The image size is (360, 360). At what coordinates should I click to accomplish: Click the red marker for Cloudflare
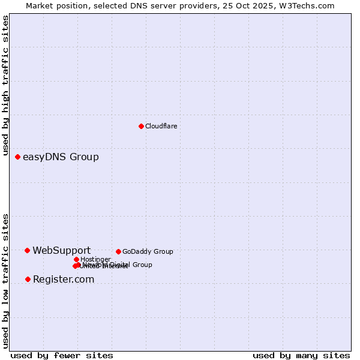point(141,126)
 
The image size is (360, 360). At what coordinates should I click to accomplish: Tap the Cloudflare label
point(161,126)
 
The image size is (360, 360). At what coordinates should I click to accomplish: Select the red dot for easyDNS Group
point(17,157)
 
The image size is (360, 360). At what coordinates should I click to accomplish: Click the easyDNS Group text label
point(61,157)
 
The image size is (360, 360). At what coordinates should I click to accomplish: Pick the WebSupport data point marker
point(27,250)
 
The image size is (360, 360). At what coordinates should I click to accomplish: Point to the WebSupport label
point(61,251)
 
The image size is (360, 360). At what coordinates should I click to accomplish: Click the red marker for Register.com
point(28,279)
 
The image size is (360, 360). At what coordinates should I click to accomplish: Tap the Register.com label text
point(63,280)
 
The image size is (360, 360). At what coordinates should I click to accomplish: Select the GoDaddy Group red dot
point(118,251)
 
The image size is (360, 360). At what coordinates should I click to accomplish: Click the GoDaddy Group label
point(147,251)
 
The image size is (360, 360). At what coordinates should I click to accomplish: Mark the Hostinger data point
point(76,259)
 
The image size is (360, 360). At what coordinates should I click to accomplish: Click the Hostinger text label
point(95,259)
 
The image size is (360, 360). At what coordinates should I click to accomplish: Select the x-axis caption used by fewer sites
point(62,355)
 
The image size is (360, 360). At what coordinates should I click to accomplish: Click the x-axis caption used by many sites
point(301,355)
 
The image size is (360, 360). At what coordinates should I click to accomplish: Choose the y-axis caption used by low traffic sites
point(5,280)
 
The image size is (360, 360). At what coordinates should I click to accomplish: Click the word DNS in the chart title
point(129,5)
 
